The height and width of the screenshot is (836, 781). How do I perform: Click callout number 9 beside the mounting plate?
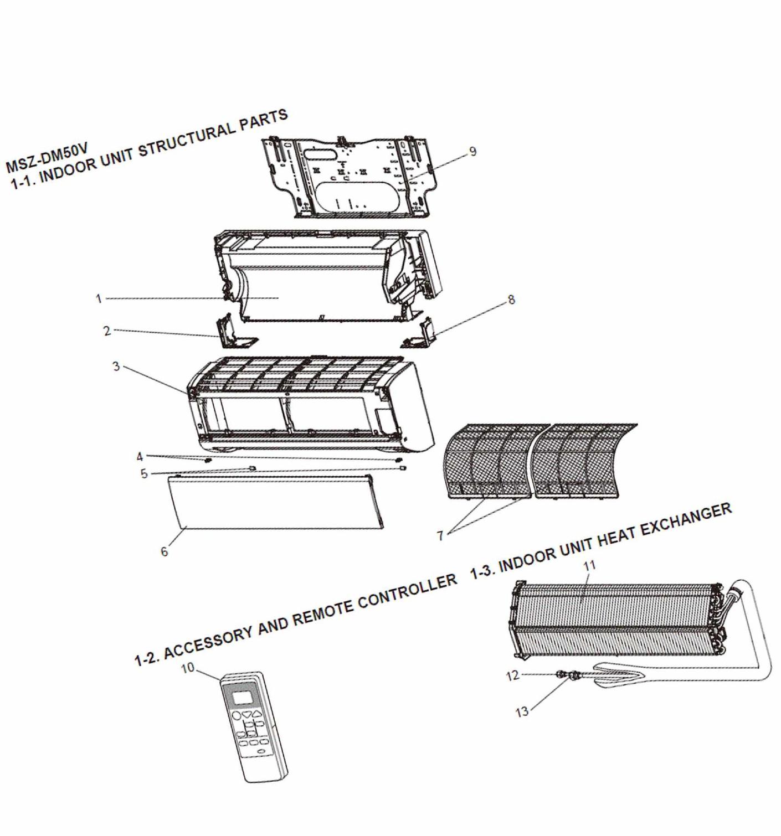tap(472, 151)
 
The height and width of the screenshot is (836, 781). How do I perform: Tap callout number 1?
tap(99, 299)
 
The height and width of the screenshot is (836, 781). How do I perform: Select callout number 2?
tap(107, 331)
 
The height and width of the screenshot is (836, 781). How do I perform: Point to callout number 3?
tap(116, 366)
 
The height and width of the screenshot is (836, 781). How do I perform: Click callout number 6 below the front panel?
tap(165, 551)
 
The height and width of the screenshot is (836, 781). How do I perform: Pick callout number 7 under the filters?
tap(440, 536)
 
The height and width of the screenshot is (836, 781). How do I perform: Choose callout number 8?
tap(511, 300)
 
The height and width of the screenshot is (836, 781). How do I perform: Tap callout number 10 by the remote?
tap(188, 668)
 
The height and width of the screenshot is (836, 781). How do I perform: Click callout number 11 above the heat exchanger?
tap(590, 565)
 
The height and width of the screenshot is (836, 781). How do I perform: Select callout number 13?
tap(522, 712)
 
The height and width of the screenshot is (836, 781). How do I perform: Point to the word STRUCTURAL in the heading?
tap(187, 141)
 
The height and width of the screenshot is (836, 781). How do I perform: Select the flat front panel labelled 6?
tap(276, 501)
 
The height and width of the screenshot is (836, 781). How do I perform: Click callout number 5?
tap(144, 474)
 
